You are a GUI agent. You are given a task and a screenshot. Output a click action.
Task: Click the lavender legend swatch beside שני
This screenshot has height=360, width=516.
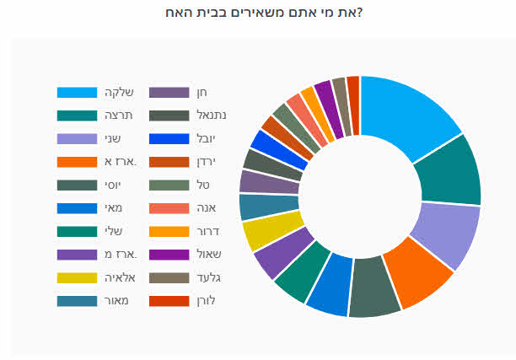[75, 138]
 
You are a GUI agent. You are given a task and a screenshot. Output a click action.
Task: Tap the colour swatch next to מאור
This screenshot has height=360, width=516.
[75, 300]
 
